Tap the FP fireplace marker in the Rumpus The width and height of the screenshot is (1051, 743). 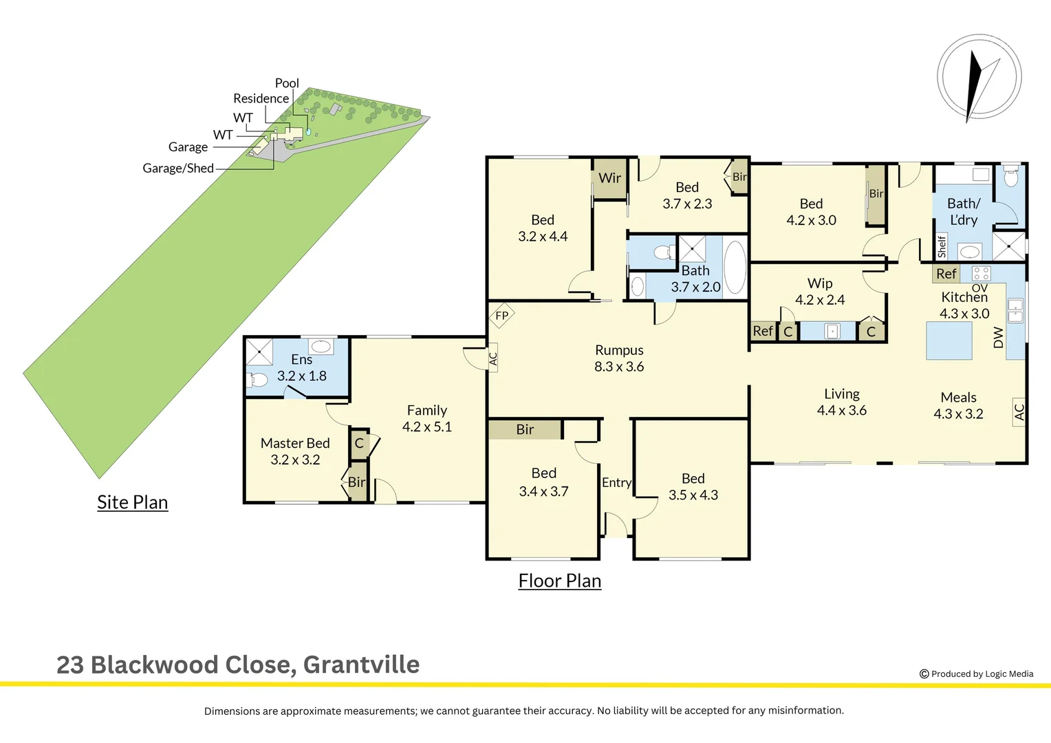[501, 316]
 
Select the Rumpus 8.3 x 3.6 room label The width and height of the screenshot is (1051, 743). [619, 358]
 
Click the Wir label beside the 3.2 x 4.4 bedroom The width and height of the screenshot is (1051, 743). [609, 178]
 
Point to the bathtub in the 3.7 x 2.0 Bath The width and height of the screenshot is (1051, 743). [735, 268]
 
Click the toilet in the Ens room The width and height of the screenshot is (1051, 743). [257, 379]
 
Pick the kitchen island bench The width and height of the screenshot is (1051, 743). [949, 341]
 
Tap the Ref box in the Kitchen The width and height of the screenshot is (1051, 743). [946, 274]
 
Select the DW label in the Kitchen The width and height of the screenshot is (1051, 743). [999, 337]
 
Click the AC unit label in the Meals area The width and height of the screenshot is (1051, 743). [1019, 412]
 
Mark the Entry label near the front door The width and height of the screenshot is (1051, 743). [616, 483]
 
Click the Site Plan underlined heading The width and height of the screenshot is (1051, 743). [132, 502]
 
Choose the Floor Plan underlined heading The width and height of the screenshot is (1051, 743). [559, 581]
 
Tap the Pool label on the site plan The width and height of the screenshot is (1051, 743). [287, 83]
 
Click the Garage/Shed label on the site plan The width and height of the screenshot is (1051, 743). [178, 168]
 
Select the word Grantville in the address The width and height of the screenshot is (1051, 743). [361, 665]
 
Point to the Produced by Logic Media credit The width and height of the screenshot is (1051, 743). [976, 674]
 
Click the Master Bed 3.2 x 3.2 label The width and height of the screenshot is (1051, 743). [295, 451]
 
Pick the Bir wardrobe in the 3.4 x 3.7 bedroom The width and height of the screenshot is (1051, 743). [525, 429]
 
